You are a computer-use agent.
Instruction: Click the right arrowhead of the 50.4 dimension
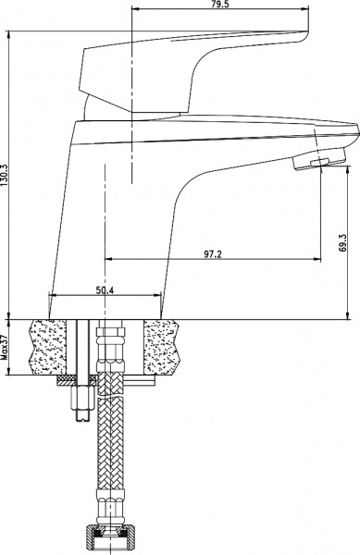click(161, 297)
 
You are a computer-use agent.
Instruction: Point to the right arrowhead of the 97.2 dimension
click(320, 258)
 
